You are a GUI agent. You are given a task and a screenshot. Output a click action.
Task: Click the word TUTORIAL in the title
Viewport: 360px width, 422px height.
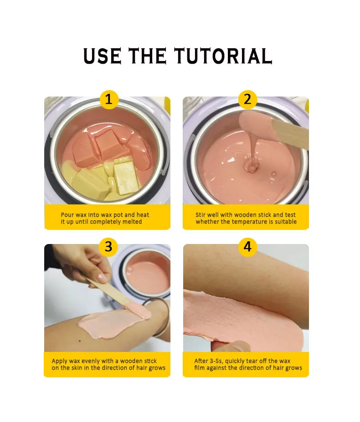(x=223, y=56)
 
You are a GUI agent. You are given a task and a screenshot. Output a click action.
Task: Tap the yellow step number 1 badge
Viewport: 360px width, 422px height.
(x=108, y=99)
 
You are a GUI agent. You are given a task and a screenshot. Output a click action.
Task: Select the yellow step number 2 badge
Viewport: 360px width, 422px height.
(x=247, y=99)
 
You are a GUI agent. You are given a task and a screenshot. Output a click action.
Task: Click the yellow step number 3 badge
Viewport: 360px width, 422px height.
(x=108, y=247)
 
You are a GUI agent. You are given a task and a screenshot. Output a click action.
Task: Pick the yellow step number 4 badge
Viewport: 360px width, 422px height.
(x=247, y=247)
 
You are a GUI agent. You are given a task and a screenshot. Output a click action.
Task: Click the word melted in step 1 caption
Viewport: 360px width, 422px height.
(x=132, y=222)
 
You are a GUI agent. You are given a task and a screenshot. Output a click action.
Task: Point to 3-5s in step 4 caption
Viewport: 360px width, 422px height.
(x=216, y=361)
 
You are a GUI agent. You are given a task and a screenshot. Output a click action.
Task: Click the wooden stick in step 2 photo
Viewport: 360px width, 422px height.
(x=290, y=132)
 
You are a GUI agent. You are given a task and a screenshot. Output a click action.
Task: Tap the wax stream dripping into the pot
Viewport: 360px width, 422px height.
(x=252, y=151)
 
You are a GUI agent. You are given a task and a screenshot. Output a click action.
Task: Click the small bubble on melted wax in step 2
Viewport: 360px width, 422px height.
(x=273, y=174)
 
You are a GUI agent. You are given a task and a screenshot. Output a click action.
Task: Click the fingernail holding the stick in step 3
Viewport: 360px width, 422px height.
(x=102, y=278)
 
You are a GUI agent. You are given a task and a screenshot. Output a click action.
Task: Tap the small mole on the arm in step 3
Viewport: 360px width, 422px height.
(x=79, y=341)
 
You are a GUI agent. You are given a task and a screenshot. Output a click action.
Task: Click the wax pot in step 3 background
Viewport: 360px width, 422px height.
(x=144, y=272)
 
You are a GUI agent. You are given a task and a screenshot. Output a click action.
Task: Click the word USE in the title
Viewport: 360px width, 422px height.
(x=103, y=56)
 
